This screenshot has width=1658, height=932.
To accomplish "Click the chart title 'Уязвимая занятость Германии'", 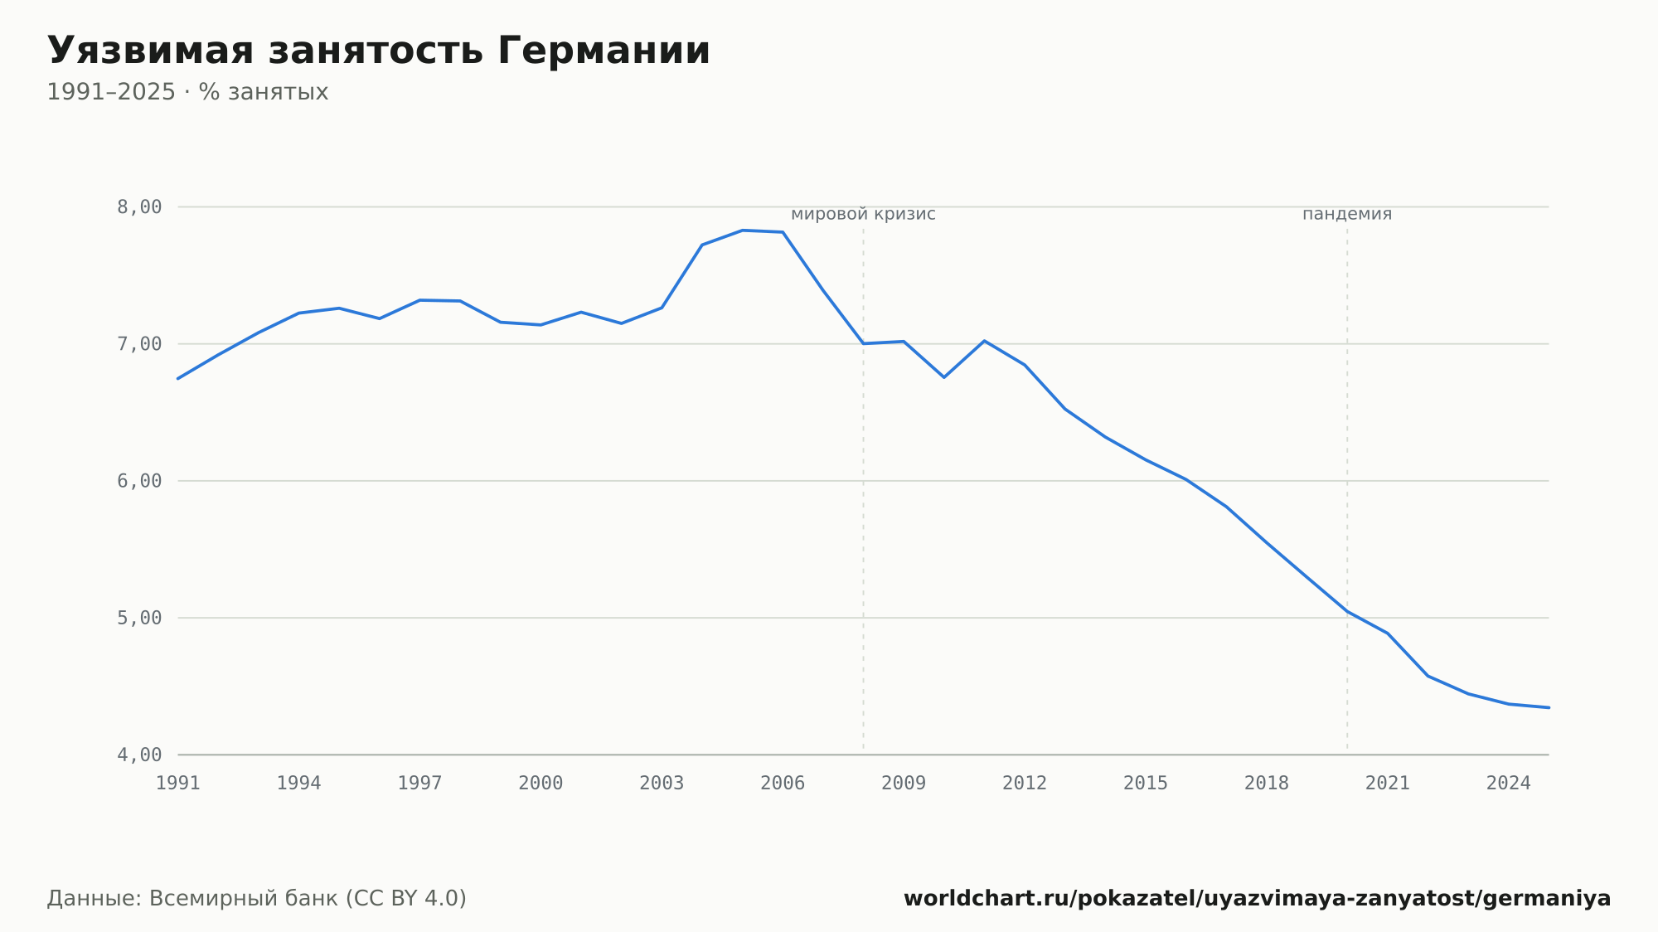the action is point(379,51).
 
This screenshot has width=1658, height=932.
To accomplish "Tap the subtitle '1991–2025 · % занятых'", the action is point(187,92).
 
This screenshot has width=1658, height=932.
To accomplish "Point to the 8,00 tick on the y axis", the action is point(139,207).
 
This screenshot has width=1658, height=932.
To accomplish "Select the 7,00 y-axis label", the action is point(139,344).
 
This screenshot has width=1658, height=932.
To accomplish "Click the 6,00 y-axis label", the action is point(139,481).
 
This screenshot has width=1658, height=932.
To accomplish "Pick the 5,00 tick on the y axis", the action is point(139,618).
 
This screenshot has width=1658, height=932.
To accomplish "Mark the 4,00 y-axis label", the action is point(139,755).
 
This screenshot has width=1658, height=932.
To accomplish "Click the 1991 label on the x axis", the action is point(178,784).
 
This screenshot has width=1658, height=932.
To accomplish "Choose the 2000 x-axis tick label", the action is point(541,784).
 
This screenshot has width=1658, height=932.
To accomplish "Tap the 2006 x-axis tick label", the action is point(783,784).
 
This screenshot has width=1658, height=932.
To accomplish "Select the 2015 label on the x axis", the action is point(1146,784).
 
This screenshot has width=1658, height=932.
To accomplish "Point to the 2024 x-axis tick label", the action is point(1509,784).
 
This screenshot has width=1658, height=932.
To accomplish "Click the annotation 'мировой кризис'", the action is point(863,214).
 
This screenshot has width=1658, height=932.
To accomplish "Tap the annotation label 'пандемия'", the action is point(1347,214).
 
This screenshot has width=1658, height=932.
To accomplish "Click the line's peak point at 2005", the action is point(743,231).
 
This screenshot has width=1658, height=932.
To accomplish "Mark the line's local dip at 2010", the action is point(944,377).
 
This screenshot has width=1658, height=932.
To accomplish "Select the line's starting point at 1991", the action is point(178,378).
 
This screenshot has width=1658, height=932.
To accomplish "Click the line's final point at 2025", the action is point(1549,707).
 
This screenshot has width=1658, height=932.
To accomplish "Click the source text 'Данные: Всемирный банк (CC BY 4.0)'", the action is point(257,899).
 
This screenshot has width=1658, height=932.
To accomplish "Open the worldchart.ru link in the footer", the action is point(1257,899).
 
